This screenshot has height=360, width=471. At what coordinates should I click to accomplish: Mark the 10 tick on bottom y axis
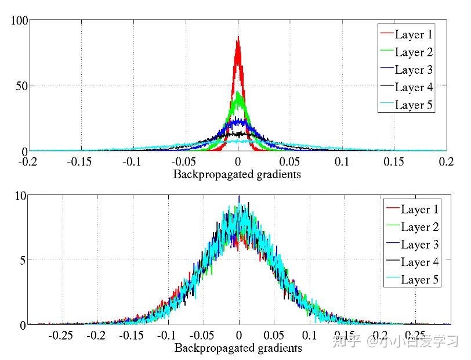click(21, 196)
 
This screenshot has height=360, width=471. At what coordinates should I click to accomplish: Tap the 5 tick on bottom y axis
click(23, 260)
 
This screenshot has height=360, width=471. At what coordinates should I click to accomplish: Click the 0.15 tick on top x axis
click(394, 161)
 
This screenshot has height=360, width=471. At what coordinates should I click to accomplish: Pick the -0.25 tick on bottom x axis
click(60, 336)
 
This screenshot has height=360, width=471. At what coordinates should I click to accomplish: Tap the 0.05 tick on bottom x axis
click(274, 336)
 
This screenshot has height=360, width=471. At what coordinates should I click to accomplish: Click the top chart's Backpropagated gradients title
click(238, 174)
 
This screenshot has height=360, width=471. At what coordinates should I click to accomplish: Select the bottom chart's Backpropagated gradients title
click(238, 348)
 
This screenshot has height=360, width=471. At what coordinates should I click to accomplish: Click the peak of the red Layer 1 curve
click(238, 38)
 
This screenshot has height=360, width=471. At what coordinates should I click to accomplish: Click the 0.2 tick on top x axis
click(445, 161)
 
